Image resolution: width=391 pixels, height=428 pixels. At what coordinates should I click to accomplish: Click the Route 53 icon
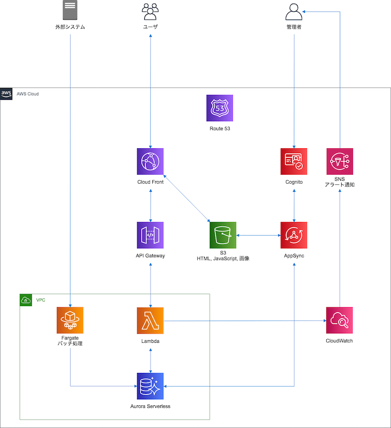click(x=220, y=108)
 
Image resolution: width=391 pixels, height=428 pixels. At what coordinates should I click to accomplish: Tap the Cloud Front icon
click(x=150, y=162)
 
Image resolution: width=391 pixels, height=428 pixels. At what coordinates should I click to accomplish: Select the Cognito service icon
click(x=294, y=162)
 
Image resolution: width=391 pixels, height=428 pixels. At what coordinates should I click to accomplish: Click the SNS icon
click(x=340, y=162)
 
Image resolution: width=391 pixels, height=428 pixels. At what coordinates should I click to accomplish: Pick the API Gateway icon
click(x=150, y=235)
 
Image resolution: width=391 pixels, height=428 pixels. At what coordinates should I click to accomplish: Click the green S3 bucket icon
click(x=222, y=235)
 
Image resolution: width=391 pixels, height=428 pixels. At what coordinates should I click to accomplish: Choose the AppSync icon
click(x=294, y=235)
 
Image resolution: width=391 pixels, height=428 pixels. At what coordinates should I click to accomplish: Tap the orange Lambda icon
click(x=150, y=320)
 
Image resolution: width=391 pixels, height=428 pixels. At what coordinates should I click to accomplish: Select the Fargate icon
click(x=71, y=320)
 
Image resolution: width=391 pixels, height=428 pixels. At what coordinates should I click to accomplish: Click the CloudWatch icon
click(x=340, y=320)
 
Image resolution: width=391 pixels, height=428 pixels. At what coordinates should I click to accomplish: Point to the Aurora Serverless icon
click(x=150, y=386)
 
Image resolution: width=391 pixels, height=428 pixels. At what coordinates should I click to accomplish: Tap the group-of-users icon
click(x=150, y=11)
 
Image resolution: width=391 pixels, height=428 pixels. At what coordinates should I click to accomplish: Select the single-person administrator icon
click(x=293, y=11)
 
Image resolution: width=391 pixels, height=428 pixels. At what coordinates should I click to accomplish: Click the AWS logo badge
click(x=6, y=93)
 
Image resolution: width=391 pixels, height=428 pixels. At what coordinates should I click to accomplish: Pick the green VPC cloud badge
click(x=25, y=300)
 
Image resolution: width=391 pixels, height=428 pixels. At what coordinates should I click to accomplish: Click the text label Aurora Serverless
click(x=150, y=406)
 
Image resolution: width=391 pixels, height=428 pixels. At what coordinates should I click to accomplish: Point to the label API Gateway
click(x=150, y=256)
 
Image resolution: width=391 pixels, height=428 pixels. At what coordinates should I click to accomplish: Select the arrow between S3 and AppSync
click(x=258, y=235)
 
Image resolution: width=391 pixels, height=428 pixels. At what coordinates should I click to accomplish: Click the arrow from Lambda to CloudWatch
click(x=244, y=320)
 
